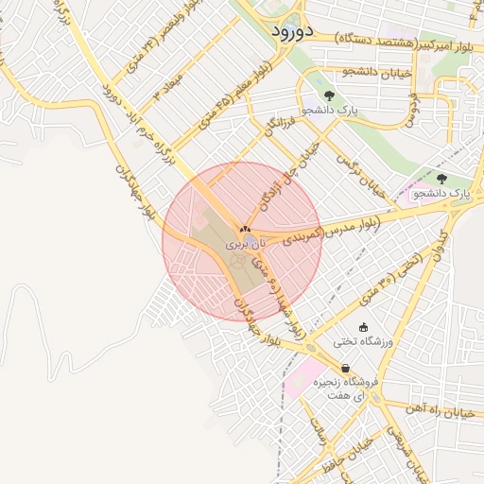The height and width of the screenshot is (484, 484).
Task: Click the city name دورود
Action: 291,31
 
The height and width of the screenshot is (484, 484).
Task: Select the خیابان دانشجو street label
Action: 349,72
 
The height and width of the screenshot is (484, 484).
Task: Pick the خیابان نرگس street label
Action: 364,175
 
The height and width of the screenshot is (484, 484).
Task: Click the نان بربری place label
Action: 245,245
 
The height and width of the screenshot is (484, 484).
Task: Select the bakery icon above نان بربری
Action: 245,229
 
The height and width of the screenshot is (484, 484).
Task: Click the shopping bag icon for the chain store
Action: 345,369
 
